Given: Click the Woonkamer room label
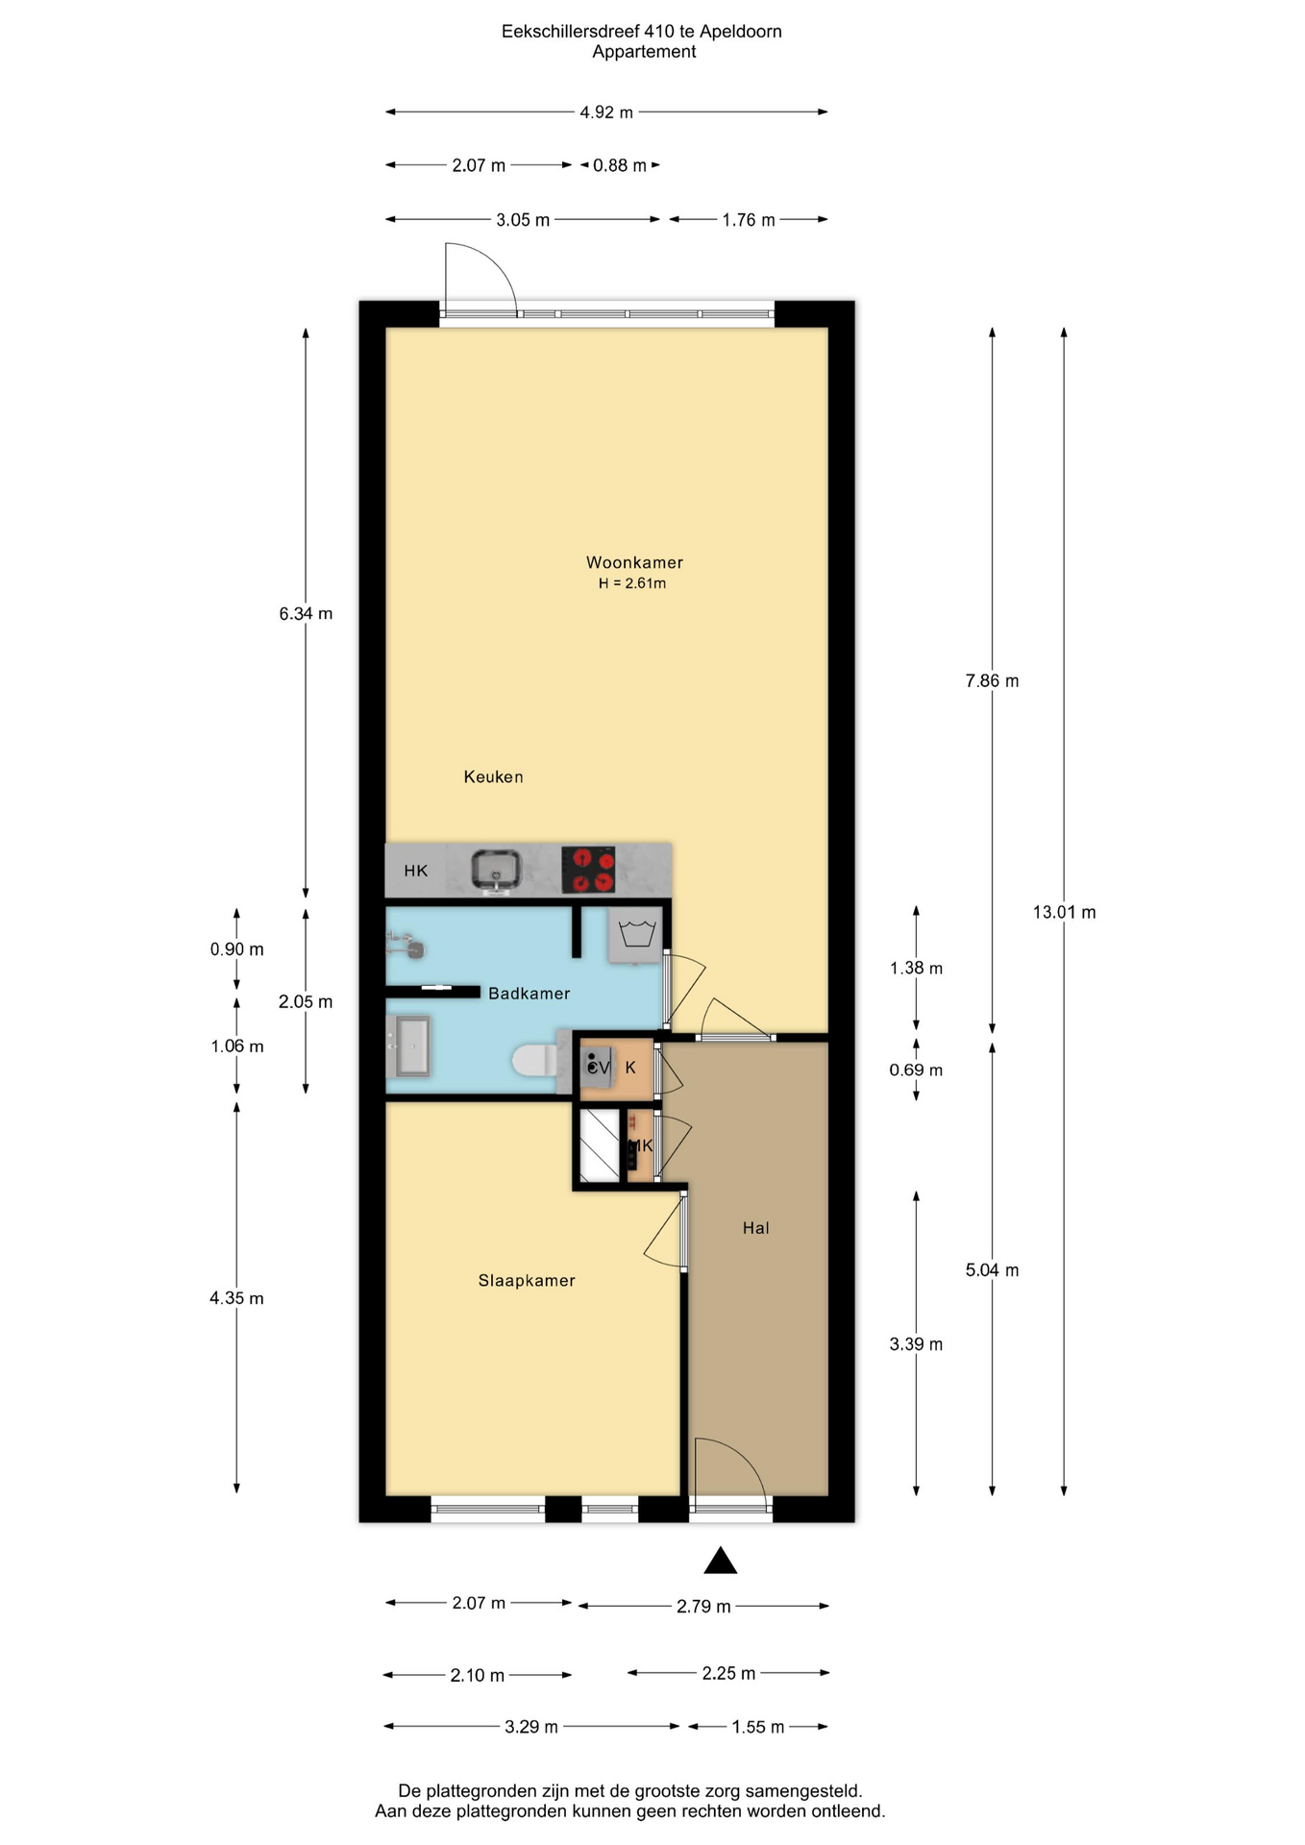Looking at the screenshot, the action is tap(634, 562).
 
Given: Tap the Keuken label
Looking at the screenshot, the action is tap(493, 776).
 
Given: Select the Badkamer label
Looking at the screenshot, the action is tap(529, 993).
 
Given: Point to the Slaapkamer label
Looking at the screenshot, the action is tap(527, 1280).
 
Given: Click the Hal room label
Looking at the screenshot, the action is tap(755, 1227).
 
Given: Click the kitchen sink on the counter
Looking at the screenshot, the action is tap(496, 871).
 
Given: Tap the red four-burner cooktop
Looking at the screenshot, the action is tap(588, 870).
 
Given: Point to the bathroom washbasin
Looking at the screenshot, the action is tap(409, 1046).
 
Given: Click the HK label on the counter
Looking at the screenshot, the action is tap(416, 871).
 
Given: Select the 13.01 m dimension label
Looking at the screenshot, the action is tap(1064, 912).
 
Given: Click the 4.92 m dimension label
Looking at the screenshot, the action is tap(606, 112).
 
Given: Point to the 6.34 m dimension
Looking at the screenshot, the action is tap(306, 613).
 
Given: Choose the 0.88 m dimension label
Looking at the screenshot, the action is tap(620, 165).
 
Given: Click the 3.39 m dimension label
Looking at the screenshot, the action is tap(916, 1344).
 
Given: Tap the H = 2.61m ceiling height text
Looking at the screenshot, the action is tap(632, 583).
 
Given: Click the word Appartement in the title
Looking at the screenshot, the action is tap(644, 52).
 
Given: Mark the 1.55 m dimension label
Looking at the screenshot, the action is tap(758, 1727).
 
